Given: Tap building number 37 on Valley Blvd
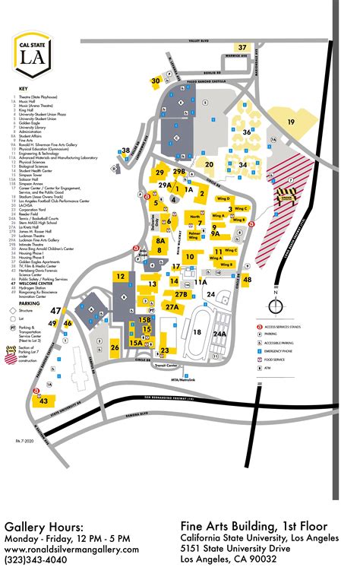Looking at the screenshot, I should pyautogui.click(x=242, y=48).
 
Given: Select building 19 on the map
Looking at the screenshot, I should pyautogui.click(x=290, y=122).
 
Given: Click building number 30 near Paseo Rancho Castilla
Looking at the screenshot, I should pyautogui.click(x=156, y=80).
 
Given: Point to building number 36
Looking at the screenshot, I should pyautogui.click(x=246, y=131).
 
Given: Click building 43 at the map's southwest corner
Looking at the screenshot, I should pyautogui.click(x=45, y=400).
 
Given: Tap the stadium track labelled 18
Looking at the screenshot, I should pyautogui.click(x=197, y=331).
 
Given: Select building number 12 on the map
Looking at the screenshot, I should pyautogui.click(x=121, y=276).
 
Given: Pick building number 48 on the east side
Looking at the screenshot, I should pyautogui.click(x=247, y=280).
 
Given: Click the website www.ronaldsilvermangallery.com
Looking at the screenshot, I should pyautogui.click(x=71, y=549).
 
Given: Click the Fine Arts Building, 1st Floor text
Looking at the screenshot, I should pyautogui.click(x=254, y=526).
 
